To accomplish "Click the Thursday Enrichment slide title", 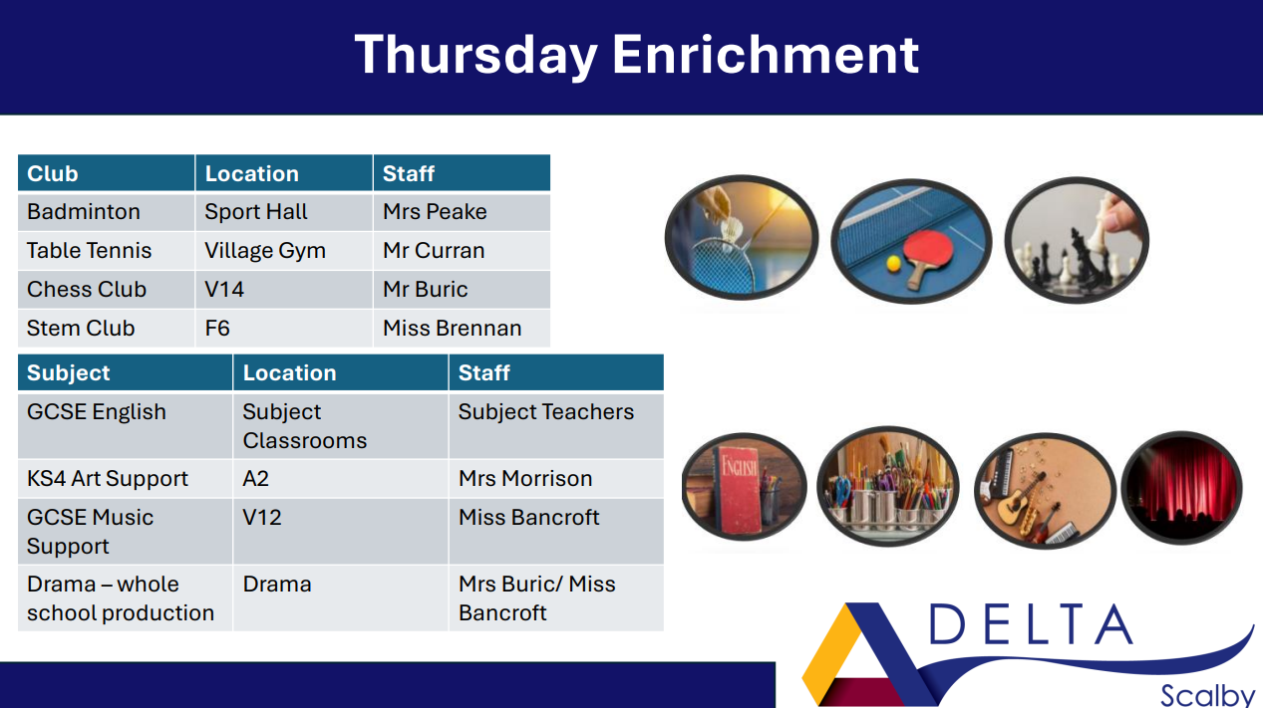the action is (x=637, y=55).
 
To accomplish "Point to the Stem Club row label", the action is (x=81, y=329).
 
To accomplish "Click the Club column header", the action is (x=53, y=173).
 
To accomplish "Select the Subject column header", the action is (x=68, y=372).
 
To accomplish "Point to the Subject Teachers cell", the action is (x=546, y=412).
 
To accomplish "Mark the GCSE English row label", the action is (x=97, y=412).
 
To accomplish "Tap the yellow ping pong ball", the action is (x=894, y=264).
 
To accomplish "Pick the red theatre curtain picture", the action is (x=1182, y=488).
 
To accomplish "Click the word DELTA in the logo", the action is (x=1030, y=624).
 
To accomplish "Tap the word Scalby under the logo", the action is (x=1207, y=695).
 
